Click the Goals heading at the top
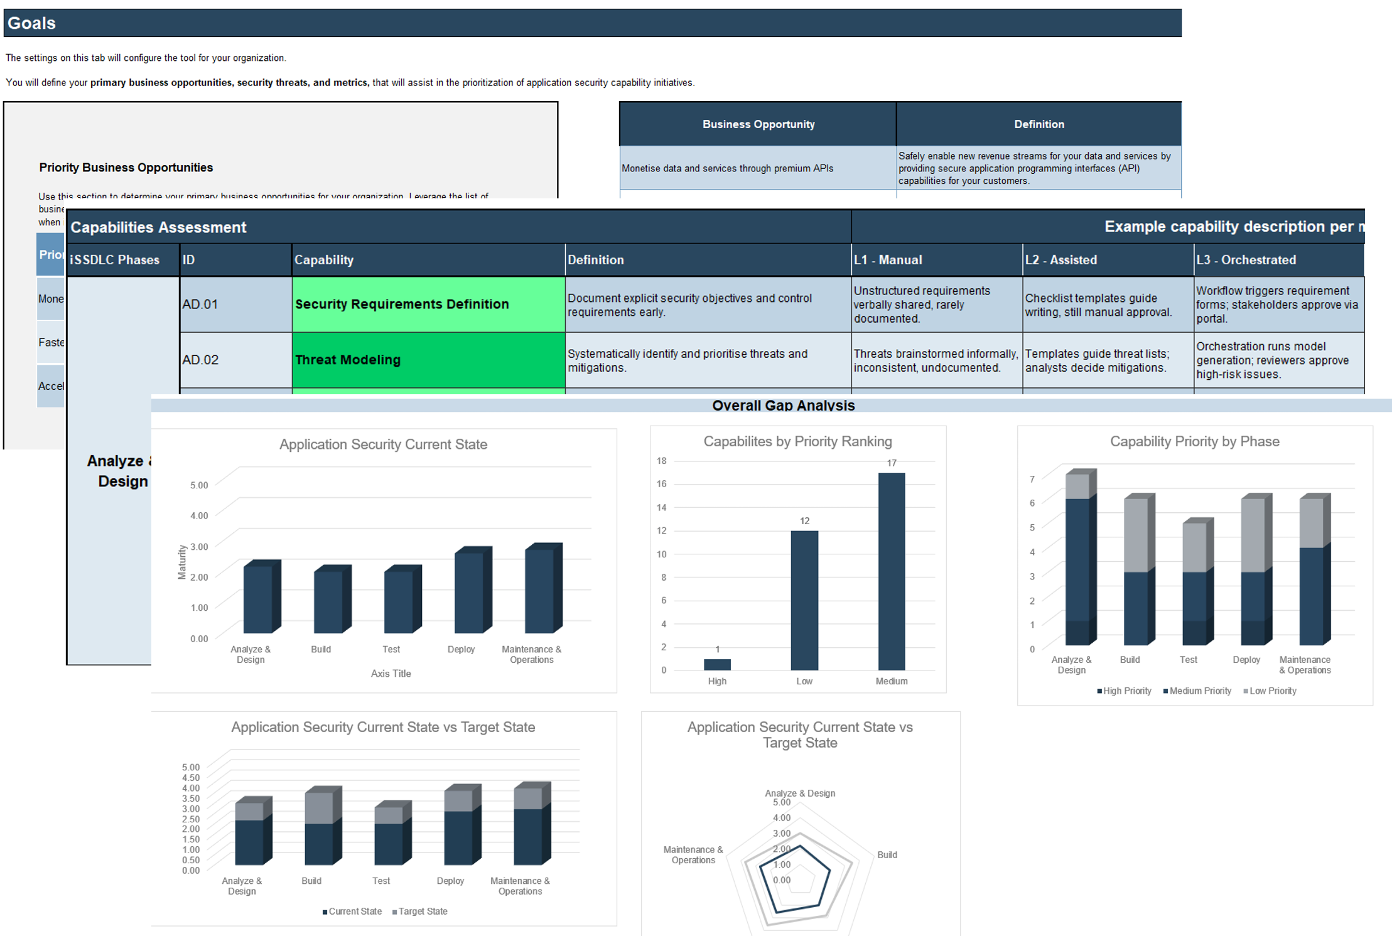click(31, 23)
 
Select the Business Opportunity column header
click(758, 124)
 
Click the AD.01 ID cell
click(200, 304)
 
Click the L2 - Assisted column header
click(1060, 260)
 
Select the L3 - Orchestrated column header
click(1246, 260)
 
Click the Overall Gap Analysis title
click(783, 406)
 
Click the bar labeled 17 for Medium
click(891, 571)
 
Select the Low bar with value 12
click(804, 600)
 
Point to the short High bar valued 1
click(717, 664)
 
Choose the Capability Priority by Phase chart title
click(1194, 441)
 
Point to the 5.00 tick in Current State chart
click(199, 485)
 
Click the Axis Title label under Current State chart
click(391, 674)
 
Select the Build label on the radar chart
click(887, 855)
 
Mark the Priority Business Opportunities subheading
click(126, 168)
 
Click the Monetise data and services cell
click(727, 168)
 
